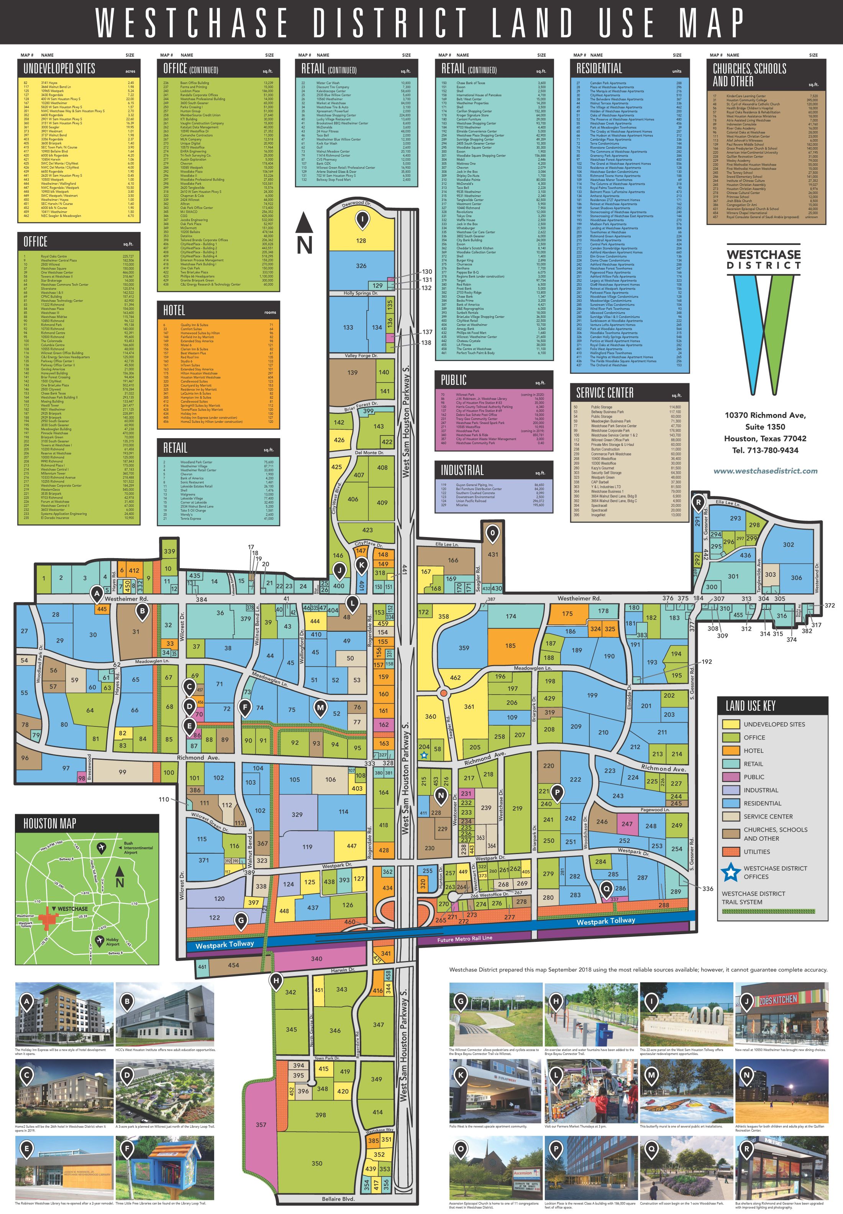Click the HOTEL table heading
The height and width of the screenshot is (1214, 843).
click(174, 310)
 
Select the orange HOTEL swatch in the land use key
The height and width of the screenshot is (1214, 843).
click(731, 751)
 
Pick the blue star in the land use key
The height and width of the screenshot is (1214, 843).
click(730, 872)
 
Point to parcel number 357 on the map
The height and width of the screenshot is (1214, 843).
click(261, 1125)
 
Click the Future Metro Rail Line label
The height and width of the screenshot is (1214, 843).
click(464, 939)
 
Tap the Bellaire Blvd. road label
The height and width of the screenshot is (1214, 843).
click(338, 1199)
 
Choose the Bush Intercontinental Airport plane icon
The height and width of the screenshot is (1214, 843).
click(102, 848)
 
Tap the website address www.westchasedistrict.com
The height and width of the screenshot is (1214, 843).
click(765, 471)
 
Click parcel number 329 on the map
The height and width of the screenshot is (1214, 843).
click(297, 815)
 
